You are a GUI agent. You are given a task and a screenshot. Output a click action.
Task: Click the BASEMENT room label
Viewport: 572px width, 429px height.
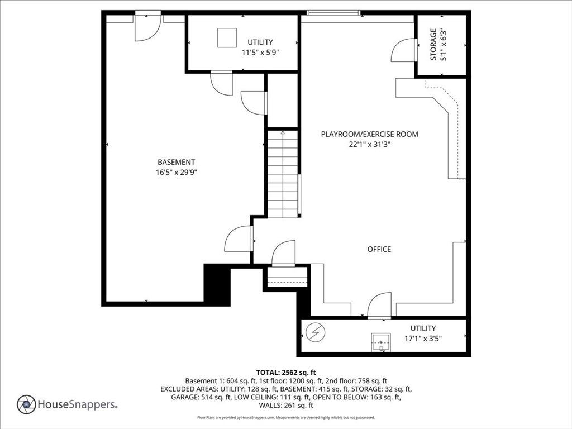click(176, 162)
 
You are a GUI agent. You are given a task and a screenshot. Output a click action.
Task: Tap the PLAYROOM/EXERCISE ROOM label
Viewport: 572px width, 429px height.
click(370, 134)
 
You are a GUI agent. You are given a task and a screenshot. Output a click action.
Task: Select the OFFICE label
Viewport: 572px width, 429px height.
click(379, 249)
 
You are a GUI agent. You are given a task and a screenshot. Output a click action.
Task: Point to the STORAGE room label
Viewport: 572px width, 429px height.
click(433, 45)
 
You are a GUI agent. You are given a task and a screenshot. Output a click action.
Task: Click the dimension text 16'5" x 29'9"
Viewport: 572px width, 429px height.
click(176, 172)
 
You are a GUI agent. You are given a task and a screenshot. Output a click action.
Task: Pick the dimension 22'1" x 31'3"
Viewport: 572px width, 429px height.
click(370, 144)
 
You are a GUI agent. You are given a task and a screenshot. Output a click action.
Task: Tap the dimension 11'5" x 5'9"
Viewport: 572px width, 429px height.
click(260, 52)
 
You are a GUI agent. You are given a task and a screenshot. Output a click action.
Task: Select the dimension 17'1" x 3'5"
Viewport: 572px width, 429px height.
click(423, 338)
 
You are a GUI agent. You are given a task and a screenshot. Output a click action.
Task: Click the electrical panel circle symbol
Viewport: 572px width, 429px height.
click(315, 332)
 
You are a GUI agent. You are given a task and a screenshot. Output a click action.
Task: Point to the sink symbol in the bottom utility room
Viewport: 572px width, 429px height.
click(381, 342)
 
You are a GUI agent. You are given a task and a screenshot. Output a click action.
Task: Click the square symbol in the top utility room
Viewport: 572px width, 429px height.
click(227, 38)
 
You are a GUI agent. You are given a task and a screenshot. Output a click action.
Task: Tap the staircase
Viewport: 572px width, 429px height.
click(283, 174)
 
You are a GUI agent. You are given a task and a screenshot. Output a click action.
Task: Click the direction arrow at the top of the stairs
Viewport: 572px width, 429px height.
click(283, 132)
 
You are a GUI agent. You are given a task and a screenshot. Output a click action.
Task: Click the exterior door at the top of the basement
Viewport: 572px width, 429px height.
click(147, 26)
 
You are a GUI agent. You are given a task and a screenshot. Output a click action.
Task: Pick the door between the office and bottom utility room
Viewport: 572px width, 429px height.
click(379, 306)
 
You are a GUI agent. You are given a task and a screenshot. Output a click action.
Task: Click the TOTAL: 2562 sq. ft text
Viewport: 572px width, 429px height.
click(286, 373)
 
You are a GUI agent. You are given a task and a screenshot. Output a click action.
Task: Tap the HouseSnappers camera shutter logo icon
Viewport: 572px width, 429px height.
click(26, 404)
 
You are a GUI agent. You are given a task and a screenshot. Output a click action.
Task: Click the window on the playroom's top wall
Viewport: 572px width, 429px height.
click(333, 13)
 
